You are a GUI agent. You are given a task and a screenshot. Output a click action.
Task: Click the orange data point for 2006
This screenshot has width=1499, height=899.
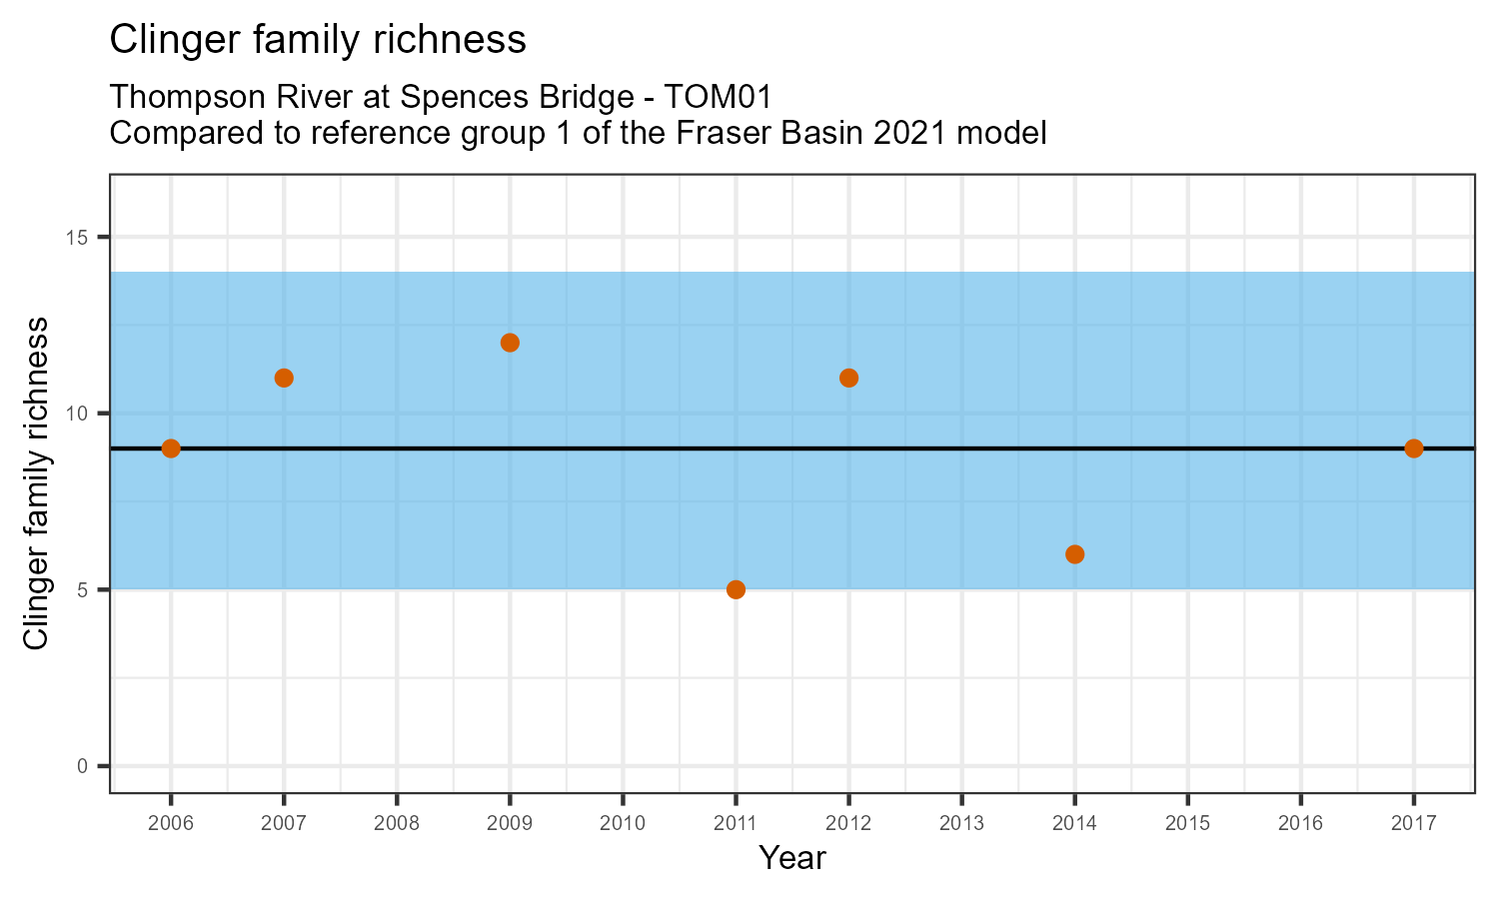coord(171,449)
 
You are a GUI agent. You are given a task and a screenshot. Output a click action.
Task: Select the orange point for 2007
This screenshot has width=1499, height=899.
coord(284,378)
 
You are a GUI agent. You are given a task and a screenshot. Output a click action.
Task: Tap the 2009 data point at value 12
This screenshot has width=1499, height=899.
coord(510,343)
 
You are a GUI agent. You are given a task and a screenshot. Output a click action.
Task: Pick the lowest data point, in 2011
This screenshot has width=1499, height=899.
coord(736,589)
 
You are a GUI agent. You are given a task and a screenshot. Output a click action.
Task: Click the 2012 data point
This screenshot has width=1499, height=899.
coord(848,378)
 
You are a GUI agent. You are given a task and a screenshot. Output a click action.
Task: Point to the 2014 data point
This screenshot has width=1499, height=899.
coord(1075,554)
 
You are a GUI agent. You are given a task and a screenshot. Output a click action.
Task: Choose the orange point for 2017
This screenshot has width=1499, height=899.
coord(1413,449)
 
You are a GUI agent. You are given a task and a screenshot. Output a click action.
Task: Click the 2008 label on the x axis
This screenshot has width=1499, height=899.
coord(397,823)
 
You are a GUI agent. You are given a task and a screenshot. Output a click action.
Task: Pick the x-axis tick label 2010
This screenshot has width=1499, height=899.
coord(623,823)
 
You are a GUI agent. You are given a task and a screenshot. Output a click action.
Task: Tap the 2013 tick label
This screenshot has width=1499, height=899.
coord(961,823)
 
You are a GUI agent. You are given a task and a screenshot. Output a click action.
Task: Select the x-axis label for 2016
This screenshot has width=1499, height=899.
coord(1300,823)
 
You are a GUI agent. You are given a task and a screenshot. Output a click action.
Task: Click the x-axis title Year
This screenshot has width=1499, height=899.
coord(792,857)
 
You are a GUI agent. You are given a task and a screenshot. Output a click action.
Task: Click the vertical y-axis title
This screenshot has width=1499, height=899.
coord(36,483)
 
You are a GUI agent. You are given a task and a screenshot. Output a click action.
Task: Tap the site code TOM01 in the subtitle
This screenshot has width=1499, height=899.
coord(719,97)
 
